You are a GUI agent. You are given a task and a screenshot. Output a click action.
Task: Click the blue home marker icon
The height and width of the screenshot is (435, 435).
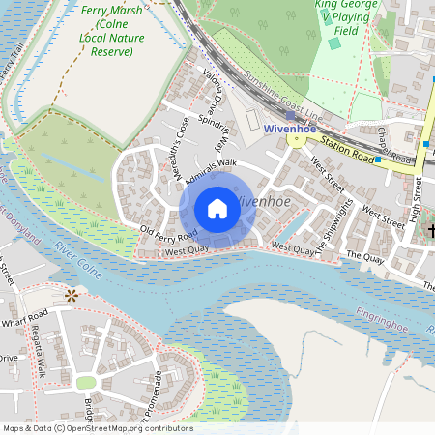click(217, 208)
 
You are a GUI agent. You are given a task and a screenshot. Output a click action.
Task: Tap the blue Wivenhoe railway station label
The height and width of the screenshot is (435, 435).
click(292, 128)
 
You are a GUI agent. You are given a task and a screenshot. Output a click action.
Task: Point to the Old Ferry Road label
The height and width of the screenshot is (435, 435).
click(168, 233)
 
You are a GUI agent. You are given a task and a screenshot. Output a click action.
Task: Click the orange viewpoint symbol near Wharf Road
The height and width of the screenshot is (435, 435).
click(71, 295)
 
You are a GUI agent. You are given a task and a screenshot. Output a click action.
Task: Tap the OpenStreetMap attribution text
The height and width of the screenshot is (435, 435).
click(97, 428)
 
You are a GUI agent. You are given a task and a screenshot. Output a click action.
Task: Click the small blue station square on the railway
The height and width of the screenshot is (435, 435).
click(289, 115)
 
